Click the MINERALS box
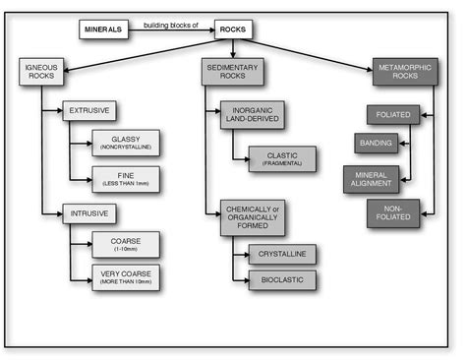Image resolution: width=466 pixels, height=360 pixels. (x=103, y=30)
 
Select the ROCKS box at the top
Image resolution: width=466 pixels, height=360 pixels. (x=233, y=30)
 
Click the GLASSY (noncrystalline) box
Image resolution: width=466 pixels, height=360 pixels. (x=125, y=143)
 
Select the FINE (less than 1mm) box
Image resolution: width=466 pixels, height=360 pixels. (x=125, y=178)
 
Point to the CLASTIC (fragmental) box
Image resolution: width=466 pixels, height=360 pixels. (x=282, y=158)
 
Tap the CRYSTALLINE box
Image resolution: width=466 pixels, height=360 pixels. (x=282, y=254)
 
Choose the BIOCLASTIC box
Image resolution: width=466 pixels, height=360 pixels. (x=282, y=280)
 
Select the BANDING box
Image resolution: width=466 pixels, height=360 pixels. (x=376, y=144)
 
